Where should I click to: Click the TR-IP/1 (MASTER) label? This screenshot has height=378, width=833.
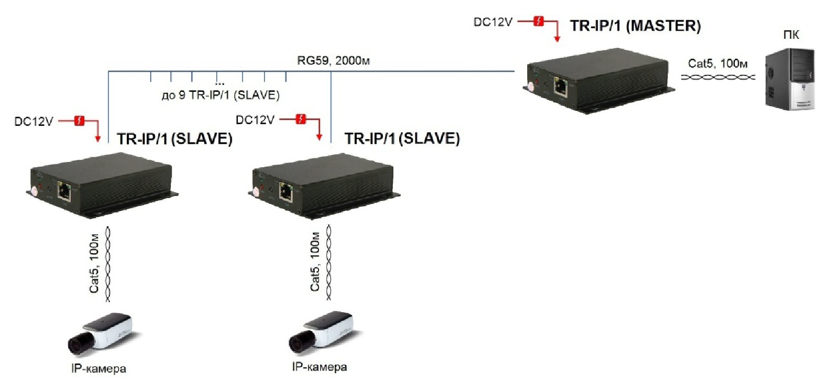[x=635, y=25]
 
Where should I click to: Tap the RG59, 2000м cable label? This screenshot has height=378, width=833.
[x=333, y=61]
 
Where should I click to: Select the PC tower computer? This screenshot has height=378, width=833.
[x=789, y=79]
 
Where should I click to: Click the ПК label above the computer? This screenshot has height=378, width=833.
[x=791, y=35]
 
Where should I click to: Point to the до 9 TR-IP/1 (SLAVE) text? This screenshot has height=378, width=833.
[x=220, y=95]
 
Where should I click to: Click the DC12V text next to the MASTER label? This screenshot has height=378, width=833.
[x=493, y=22]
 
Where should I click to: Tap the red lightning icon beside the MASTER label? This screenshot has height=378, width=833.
[x=539, y=22]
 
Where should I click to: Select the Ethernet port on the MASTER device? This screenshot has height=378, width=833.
[x=561, y=86]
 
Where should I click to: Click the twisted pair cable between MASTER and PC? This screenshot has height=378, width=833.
[x=718, y=78]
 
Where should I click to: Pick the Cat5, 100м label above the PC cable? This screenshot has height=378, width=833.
[x=718, y=64]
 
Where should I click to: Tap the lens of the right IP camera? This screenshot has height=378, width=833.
[x=297, y=343]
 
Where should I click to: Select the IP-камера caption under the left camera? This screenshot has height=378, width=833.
[x=99, y=368]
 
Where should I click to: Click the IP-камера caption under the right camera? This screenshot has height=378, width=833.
[x=320, y=367]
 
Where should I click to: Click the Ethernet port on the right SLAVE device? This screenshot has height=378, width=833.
[x=286, y=193]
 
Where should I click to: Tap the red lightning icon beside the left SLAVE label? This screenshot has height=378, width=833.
[x=79, y=121]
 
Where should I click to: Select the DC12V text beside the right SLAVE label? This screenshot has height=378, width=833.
[x=255, y=120]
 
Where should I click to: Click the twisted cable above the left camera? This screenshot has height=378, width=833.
[x=108, y=264]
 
